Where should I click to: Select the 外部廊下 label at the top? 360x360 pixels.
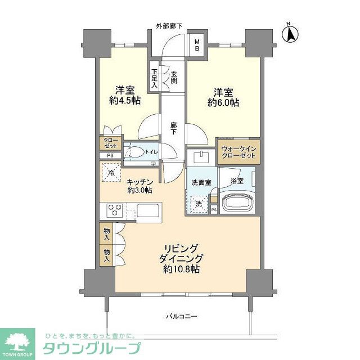[173, 26]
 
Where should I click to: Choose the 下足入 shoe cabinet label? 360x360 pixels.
[154, 79]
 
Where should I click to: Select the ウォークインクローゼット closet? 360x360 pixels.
[238, 151]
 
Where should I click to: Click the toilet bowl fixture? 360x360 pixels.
[136, 151]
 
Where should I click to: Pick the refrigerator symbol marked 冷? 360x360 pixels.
[111, 171]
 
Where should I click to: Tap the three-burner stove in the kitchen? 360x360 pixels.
[115, 211]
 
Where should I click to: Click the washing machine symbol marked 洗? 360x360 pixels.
[199, 203]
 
